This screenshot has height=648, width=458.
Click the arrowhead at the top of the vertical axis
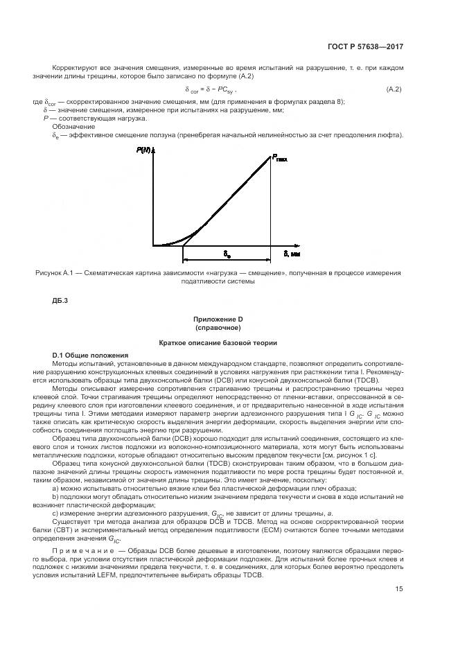pos(153,149)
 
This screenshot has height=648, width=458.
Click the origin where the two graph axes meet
pos(153,245)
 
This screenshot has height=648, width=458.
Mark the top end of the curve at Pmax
pos(270,156)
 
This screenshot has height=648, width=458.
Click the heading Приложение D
pos(218,319)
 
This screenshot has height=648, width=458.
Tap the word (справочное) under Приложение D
pos(218,326)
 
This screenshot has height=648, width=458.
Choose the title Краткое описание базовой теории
pos(218,342)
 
